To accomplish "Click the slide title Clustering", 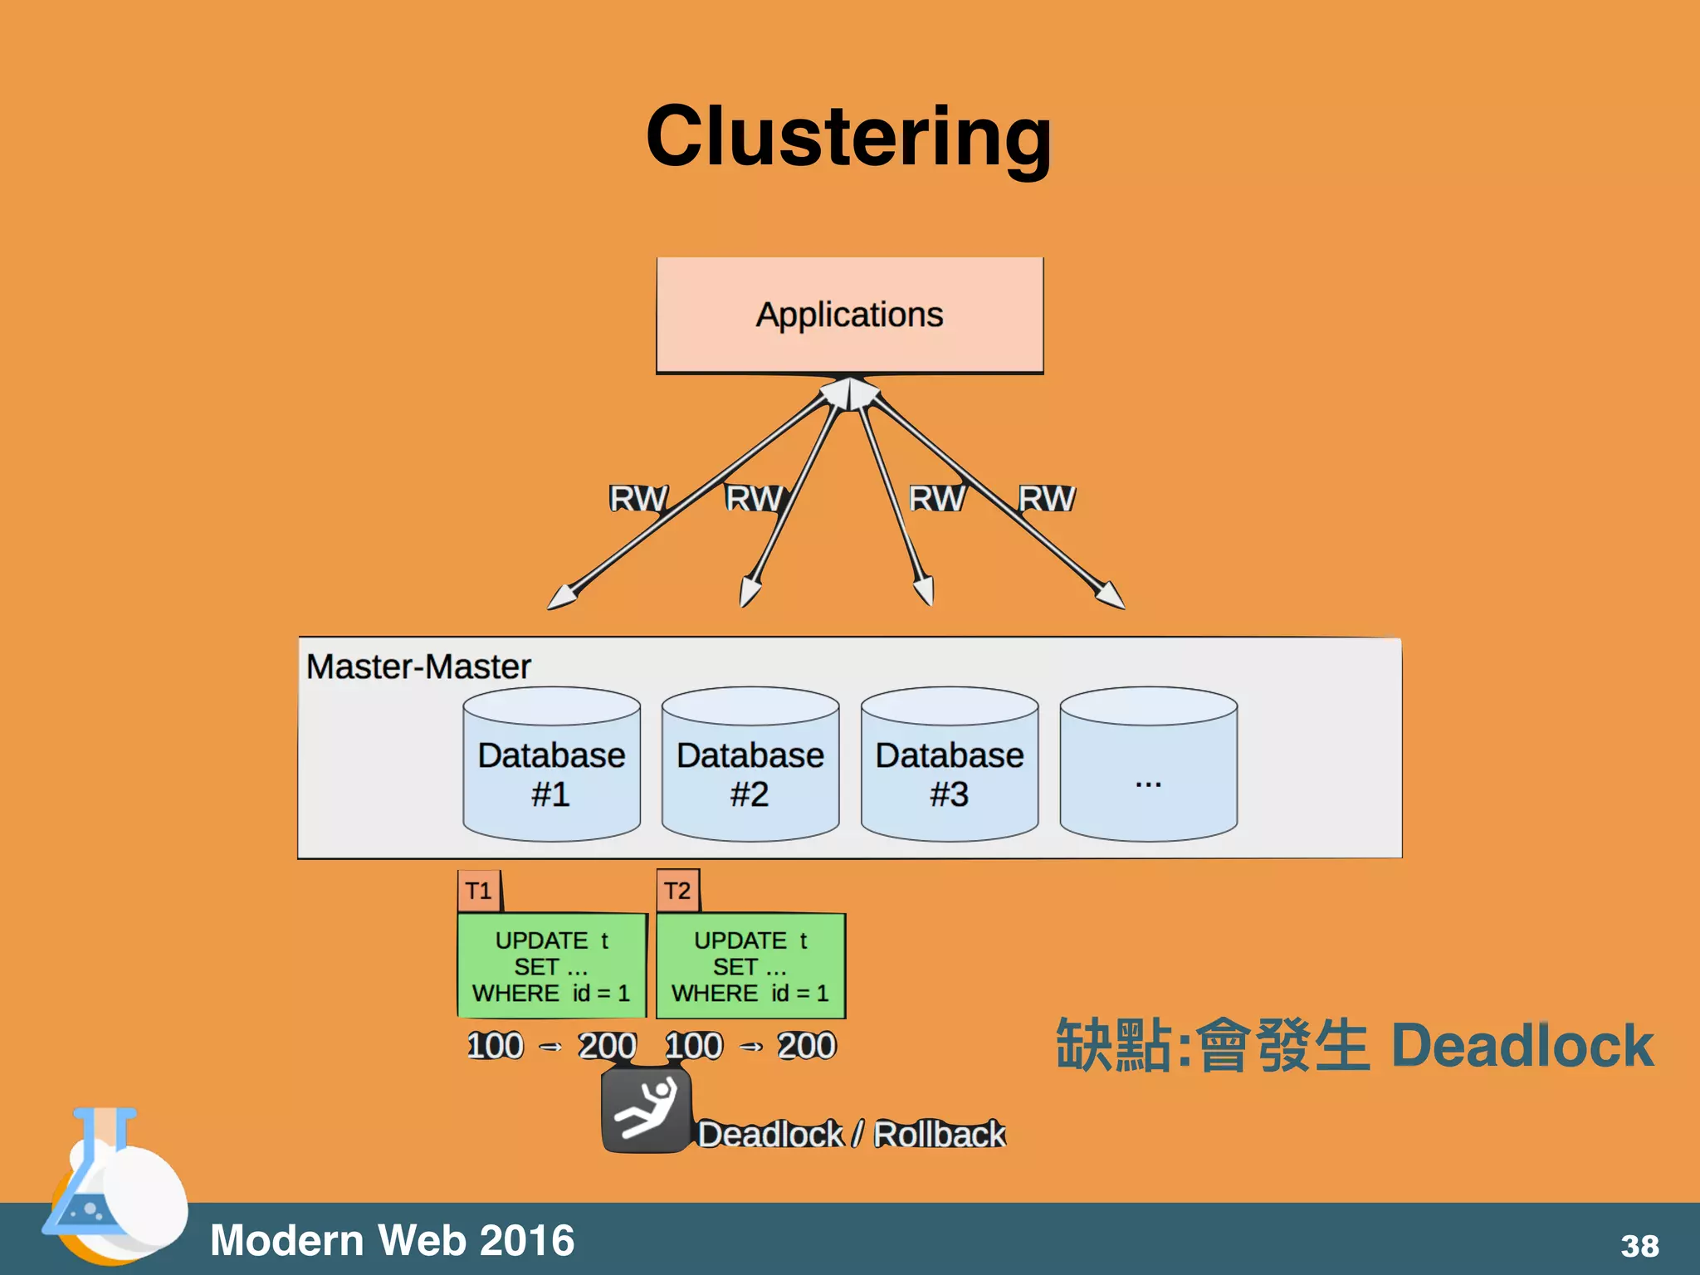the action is (x=848, y=137).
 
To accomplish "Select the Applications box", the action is (x=849, y=315).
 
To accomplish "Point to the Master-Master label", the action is (x=418, y=667).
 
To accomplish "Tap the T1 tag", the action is (x=479, y=891).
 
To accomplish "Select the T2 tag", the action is (x=677, y=891).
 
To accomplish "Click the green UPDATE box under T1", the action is (x=551, y=966).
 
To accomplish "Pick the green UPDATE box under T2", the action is (x=750, y=966).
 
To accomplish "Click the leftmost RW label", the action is (x=637, y=499).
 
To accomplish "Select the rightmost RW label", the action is (x=1046, y=499).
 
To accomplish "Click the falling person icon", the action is (x=646, y=1110).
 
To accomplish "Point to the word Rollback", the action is (x=939, y=1134).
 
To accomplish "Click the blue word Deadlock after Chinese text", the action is (x=1522, y=1045).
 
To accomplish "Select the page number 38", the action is (x=1639, y=1246).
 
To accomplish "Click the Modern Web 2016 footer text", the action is (x=392, y=1240).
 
